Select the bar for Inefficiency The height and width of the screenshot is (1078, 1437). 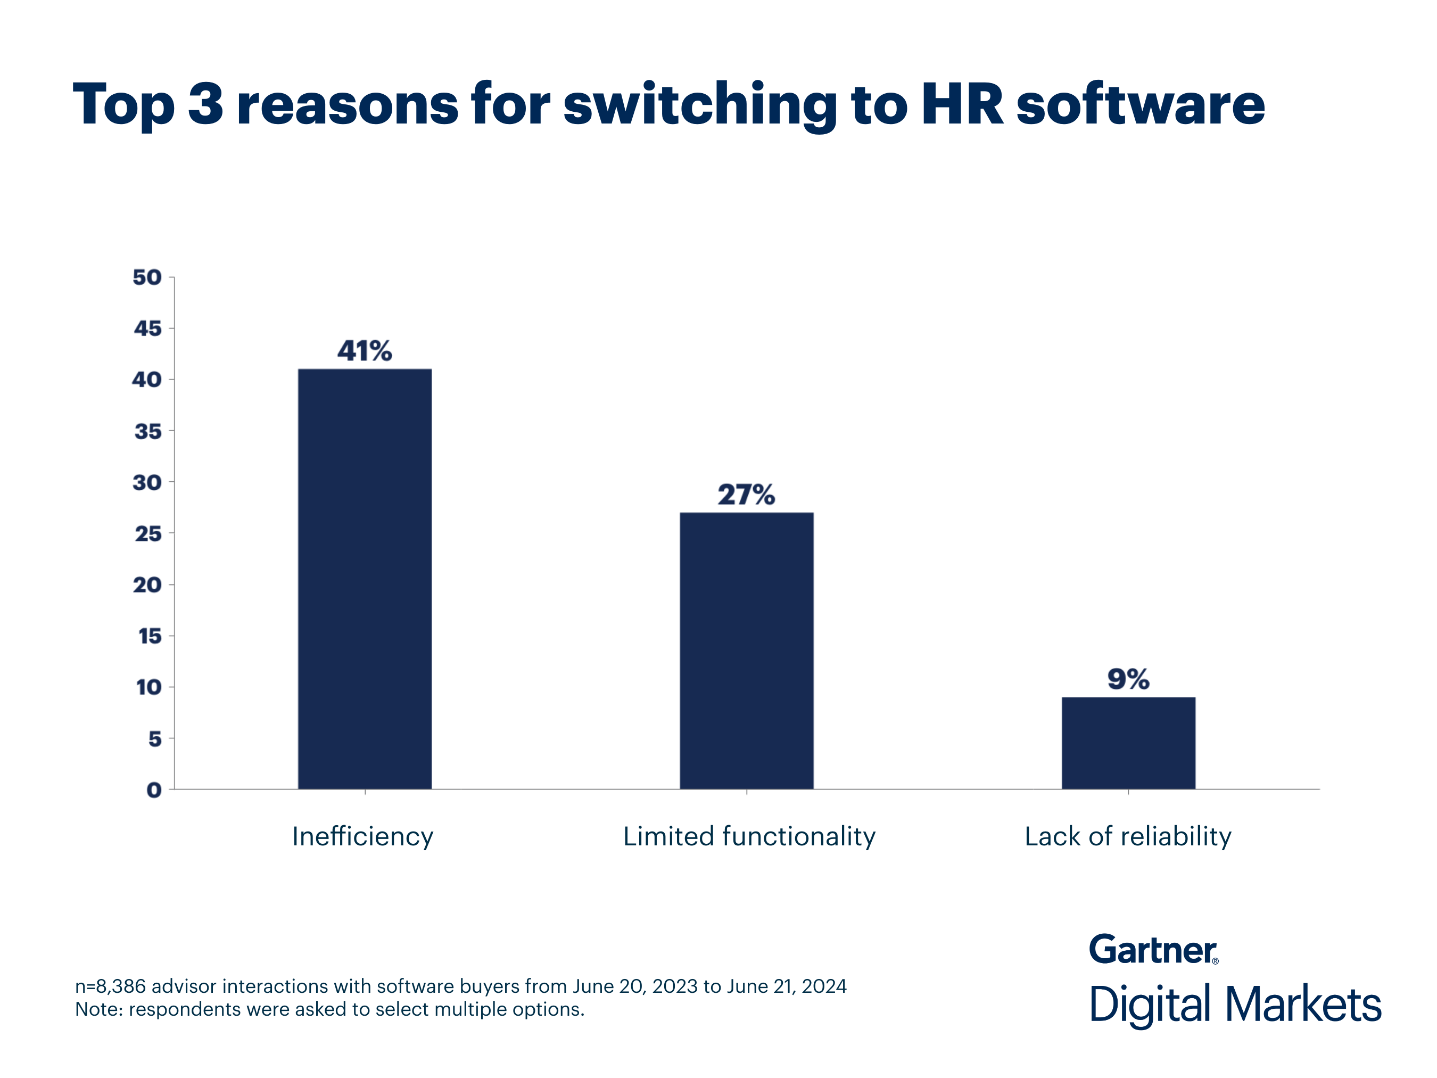pos(365,578)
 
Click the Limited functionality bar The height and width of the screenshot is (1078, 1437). pos(746,651)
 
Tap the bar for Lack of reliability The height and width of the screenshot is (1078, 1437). pos(1128,743)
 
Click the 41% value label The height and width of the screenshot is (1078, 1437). pos(365,351)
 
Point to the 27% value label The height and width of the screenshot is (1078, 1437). pos(746,495)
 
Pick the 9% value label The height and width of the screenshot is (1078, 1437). pos(1128,679)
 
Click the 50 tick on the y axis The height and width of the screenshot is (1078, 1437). pos(147,277)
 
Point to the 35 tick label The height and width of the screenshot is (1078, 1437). pos(147,431)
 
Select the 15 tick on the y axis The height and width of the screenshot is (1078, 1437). pos(150,636)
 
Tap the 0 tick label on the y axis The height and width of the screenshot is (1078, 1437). pos(154,789)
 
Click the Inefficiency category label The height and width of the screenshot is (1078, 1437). pos(362,836)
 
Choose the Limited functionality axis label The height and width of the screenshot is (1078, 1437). pos(749,836)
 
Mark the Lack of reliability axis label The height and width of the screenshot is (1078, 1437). pos(1128,836)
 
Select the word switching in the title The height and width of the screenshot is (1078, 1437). pos(700,105)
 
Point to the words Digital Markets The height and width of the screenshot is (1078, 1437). pos(1235,1005)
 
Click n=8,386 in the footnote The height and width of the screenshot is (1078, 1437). pos(110,986)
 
